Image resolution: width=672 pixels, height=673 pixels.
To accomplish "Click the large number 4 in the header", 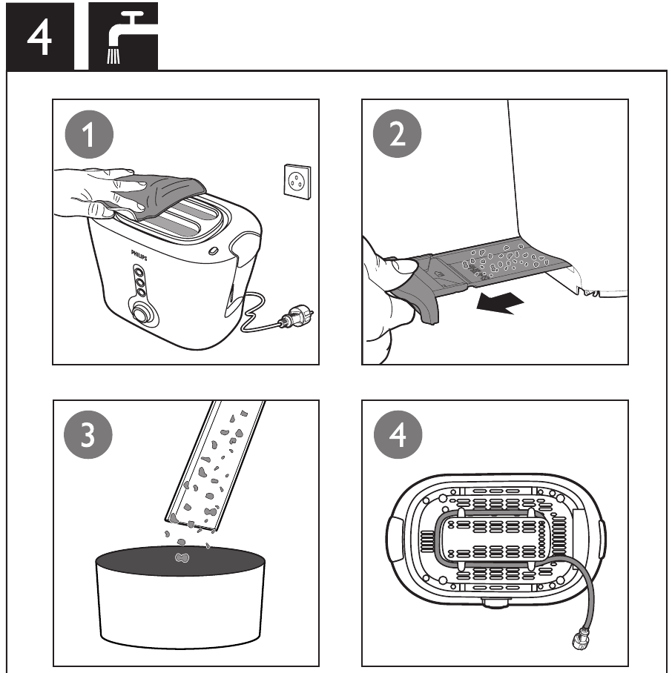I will tap(39, 37).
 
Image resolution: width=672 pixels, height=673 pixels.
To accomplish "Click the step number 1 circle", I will tap(89, 136).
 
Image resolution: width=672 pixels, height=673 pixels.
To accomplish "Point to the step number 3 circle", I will tap(88, 437).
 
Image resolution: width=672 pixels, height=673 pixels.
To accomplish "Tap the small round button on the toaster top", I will tap(214, 251).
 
